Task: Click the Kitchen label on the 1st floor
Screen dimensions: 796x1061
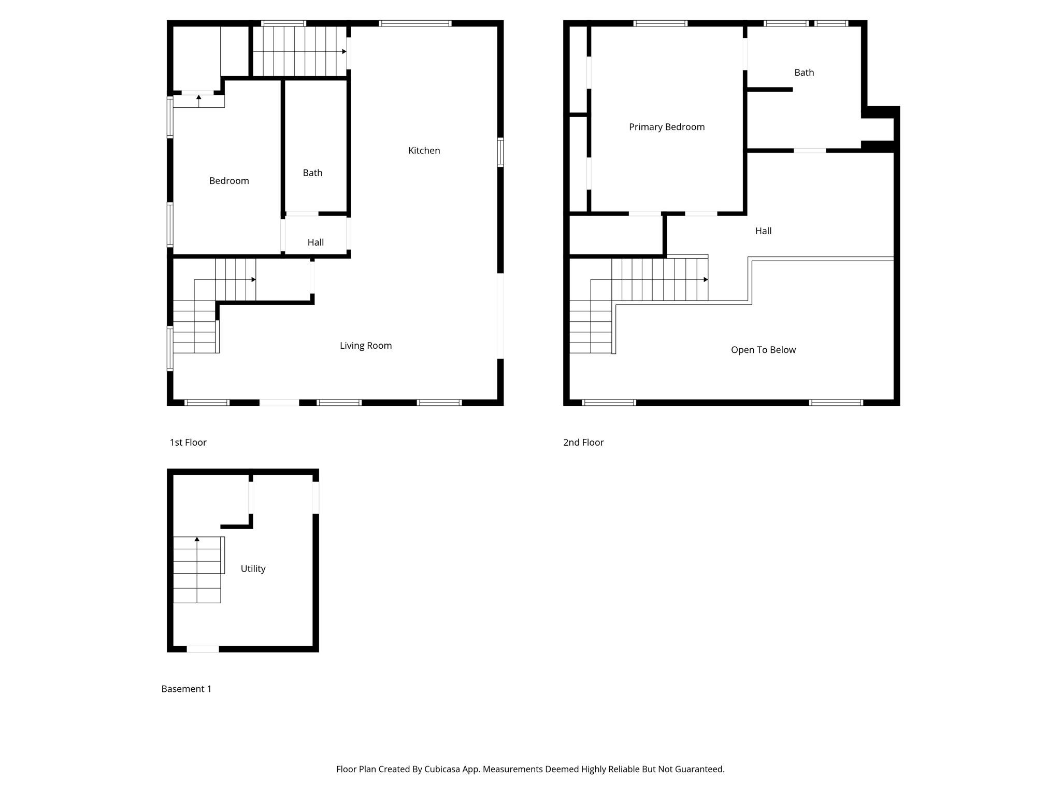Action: coord(424,150)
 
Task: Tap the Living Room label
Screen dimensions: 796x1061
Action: coord(365,346)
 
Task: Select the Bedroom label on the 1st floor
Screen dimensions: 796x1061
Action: coord(228,181)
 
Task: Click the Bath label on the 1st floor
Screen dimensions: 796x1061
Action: coord(312,173)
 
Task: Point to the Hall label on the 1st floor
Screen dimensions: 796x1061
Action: coord(315,242)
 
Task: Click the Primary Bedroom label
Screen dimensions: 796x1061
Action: coord(666,127)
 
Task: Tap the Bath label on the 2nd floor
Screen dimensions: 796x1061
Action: coord(804,73)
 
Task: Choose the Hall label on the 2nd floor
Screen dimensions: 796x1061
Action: coord(763,231)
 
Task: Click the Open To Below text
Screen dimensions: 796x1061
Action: coord(763,350)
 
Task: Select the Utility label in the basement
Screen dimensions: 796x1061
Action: coord(253,568)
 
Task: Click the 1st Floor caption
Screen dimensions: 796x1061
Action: coord(188,442)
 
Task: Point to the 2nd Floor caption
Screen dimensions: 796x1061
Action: coord(583,442)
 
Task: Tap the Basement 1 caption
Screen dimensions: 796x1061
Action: coord(186,689)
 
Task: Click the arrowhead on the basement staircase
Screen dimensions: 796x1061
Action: coord(197,539)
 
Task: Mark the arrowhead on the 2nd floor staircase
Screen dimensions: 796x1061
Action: coord(706,280)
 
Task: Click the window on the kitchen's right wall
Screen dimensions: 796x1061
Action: coord(500,152)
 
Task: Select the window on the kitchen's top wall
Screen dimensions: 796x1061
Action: coord(415,23)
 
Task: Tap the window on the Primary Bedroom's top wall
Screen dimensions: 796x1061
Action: coord(660,23)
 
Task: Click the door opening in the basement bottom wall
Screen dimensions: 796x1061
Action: coord(203,649)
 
